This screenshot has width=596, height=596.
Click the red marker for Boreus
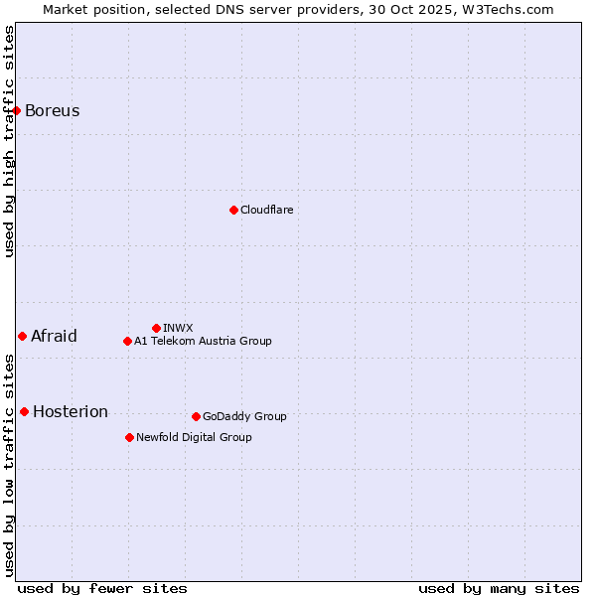17,110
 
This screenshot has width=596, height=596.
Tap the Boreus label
53,110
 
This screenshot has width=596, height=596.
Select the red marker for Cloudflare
233,210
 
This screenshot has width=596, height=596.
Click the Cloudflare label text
267,210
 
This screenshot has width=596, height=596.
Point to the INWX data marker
156,328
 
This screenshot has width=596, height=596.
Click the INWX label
179,328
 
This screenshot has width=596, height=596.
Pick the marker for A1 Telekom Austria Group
127,341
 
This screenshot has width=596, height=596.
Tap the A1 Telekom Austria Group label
203,341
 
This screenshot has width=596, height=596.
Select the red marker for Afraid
22,336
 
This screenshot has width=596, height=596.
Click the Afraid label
54,336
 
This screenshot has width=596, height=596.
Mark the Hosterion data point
24,411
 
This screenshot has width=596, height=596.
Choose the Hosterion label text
71,411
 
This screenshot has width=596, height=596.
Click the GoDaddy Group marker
196,416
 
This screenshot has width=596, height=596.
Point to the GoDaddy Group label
244,416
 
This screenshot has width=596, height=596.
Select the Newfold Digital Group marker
129,437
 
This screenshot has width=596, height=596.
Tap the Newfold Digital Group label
194,437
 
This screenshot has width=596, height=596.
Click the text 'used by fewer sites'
102,588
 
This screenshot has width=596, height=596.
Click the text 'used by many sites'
499,588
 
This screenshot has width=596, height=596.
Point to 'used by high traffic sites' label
9,141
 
